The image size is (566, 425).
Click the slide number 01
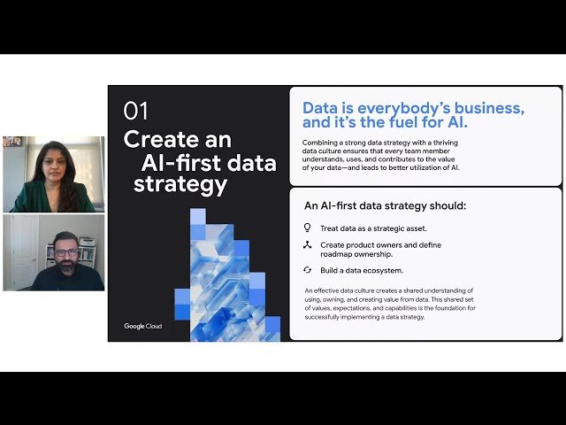[x=136, y=111]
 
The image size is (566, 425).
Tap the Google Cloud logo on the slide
[x=142, y=326]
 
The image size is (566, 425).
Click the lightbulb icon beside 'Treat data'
[x=307, y=228]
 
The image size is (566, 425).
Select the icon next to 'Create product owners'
[x=307, y=245]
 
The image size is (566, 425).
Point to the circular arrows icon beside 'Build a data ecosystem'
[x=307, y=269]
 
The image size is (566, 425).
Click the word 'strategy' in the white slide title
[x=180, y=184]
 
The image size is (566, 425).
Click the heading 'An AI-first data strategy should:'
[x=385, y=206]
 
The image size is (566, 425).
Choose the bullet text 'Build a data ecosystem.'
[x=363, y=269]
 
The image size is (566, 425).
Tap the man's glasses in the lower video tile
[x=65, y=252]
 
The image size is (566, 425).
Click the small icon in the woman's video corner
[x=12, y=142]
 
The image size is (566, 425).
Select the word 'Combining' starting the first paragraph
[x=321, y=142]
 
